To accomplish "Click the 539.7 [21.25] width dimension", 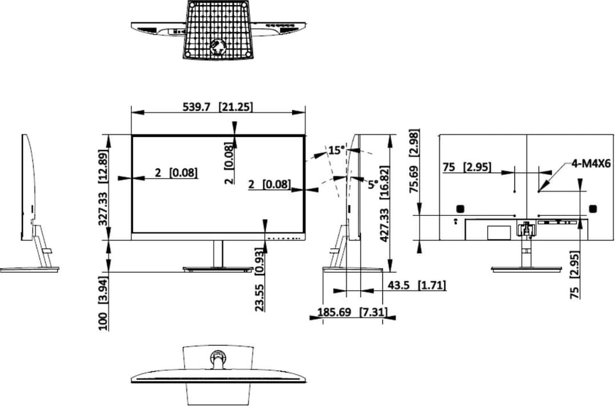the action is click(x=218, y=106).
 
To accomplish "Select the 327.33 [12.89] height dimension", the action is click(x=103, y=188).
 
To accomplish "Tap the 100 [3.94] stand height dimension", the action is click(x=103, y=304).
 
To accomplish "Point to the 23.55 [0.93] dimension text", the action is click(x=259, y=279).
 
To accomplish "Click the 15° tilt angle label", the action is click(x=337, y=150).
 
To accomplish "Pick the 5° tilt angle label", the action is click(x=373, y=184).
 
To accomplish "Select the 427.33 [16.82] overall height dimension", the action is click(x=384, y=204).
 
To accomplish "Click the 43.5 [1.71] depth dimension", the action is click(x=416, y=286).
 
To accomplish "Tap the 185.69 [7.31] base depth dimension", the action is click(x=352, y=313).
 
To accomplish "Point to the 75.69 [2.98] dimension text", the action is click(x=414, y=161).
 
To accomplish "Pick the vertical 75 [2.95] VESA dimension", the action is click(x=575, y=275).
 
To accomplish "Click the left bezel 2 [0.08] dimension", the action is click(x=176, y=172).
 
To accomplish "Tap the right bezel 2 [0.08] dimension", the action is click(x=270, y=184).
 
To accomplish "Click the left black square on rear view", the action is click(x=461, y=209).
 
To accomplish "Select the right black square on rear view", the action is click(x=593, y=209).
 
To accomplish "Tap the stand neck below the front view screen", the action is click(x=218, y=254).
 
